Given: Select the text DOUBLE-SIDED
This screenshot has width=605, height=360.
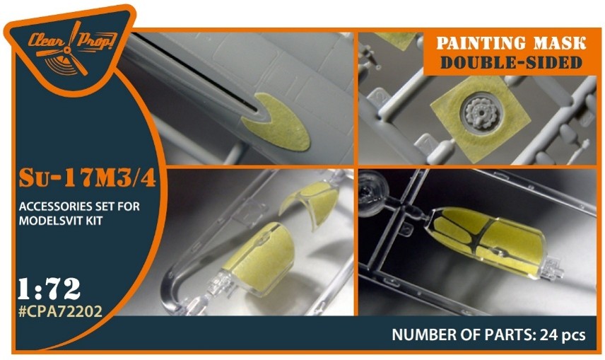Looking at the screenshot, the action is click(x=511, y=62).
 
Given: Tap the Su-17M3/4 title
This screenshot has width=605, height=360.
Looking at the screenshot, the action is click(x=87, y=179).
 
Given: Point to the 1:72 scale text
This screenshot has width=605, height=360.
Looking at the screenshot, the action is click(x=49, y=289).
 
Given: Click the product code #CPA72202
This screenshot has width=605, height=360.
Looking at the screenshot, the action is click(x=60, y=310).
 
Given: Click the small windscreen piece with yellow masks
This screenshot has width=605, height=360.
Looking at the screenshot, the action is click(x=310, y=204).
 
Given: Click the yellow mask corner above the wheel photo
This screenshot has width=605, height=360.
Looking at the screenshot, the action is click(x=394, y=40).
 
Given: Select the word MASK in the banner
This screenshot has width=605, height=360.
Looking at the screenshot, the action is click(x=565, y=43).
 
